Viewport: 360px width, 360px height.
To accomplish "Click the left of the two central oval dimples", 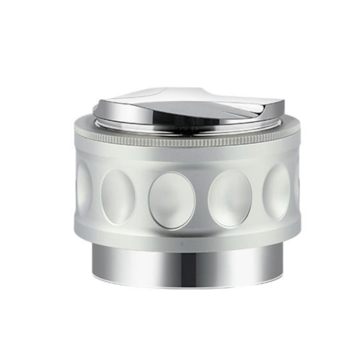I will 172,200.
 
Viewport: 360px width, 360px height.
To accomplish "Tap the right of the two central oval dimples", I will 229,199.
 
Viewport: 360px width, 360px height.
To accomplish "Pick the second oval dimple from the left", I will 118,196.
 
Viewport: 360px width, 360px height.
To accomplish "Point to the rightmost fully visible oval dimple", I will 276,191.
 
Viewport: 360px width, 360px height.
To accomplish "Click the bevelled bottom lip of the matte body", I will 185,239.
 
